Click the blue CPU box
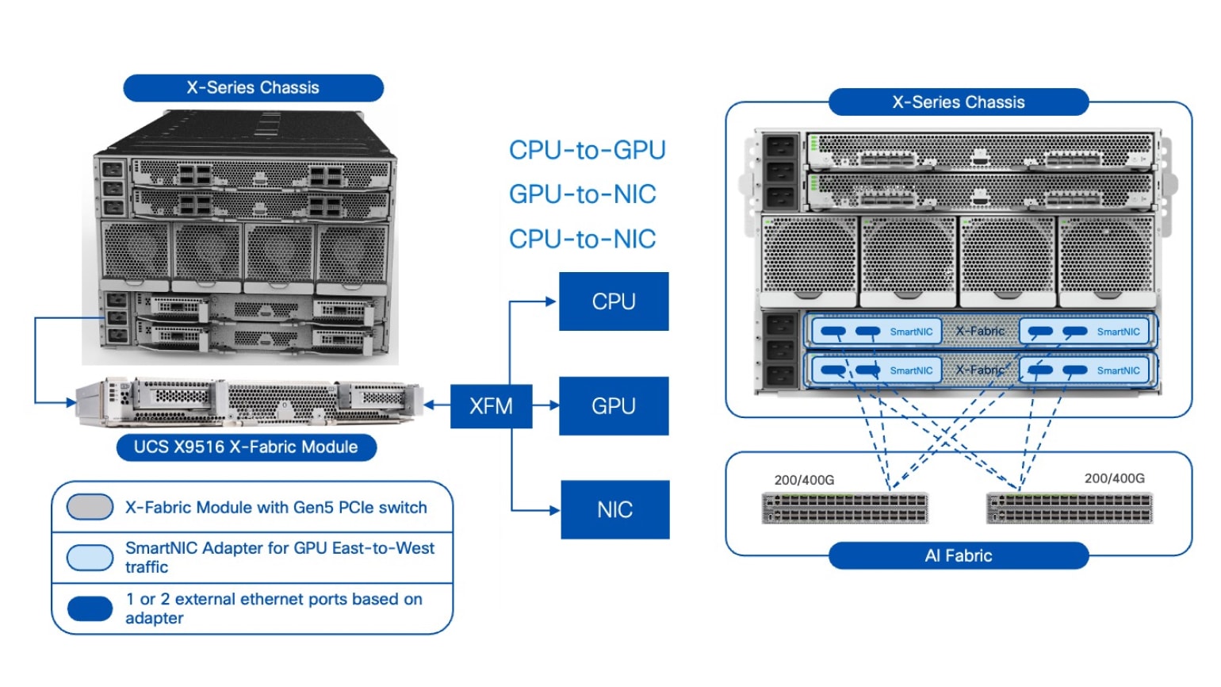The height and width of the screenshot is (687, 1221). [x=614, y=301]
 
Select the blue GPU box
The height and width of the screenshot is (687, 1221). [x=614, y=406]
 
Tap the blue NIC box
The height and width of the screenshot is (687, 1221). [x=614, y=509]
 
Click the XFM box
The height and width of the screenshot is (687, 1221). [x=491, y=406]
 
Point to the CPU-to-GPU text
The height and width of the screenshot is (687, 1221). [x=587, y=150]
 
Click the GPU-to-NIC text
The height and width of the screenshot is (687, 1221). [x=582, y=194]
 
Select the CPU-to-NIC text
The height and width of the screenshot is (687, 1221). [x=582, y=239]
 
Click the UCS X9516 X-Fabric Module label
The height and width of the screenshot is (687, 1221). [x=246, y=447]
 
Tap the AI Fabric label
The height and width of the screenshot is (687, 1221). [x=958, y=556]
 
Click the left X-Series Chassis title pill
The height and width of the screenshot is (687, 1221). [x=253, y=88]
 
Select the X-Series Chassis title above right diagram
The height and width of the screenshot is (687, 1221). [x=958, y=102]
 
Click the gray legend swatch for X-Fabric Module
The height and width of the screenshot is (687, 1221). [x=90, y=507]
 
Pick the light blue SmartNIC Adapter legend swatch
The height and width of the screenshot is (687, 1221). [x=90, y=557]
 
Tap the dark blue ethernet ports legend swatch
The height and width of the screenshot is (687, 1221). [x=90, y=608]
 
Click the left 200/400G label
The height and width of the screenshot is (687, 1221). [x=804, y=480]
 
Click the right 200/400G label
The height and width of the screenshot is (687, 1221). [x=1114, y=478]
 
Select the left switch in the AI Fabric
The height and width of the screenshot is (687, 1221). [x=844, y=508]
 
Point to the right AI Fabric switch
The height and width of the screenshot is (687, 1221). [x=1069, y=508]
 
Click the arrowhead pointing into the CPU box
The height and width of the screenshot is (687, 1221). [x=551, y=301]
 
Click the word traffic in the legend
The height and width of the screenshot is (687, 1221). [x=147, y=567]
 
